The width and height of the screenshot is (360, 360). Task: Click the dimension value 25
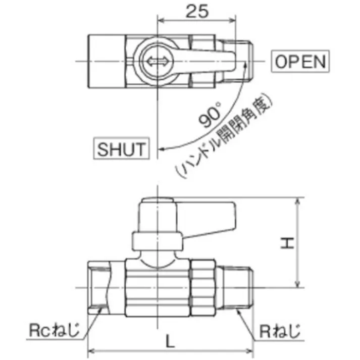coord(197,11)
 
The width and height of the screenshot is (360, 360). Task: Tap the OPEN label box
coord(300,61)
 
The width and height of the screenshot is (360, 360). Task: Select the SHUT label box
coord(122,148)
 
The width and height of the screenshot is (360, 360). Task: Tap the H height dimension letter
coord(287,243)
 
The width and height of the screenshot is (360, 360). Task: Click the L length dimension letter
coord(170,341)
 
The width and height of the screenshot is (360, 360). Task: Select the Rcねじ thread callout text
coord(54,330)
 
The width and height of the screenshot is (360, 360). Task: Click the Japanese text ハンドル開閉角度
coord(224,135)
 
